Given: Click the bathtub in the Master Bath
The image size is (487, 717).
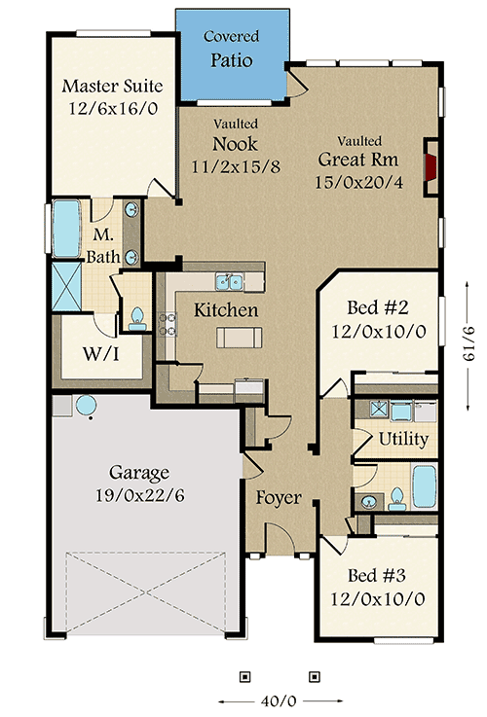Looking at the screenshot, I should click(x=66, y=231).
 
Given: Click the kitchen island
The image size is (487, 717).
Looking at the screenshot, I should click(x=241, y=337).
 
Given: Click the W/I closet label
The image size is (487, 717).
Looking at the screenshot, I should click(x=100, y=352).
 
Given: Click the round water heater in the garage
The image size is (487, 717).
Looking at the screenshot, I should click(x=86, y=405).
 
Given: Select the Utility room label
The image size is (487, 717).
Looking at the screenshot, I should click(x=403, y=439).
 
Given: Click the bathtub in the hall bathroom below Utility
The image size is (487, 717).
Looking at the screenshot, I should click(x=424, y=486).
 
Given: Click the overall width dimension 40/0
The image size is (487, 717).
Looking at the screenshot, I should click(x=280, y=699).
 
